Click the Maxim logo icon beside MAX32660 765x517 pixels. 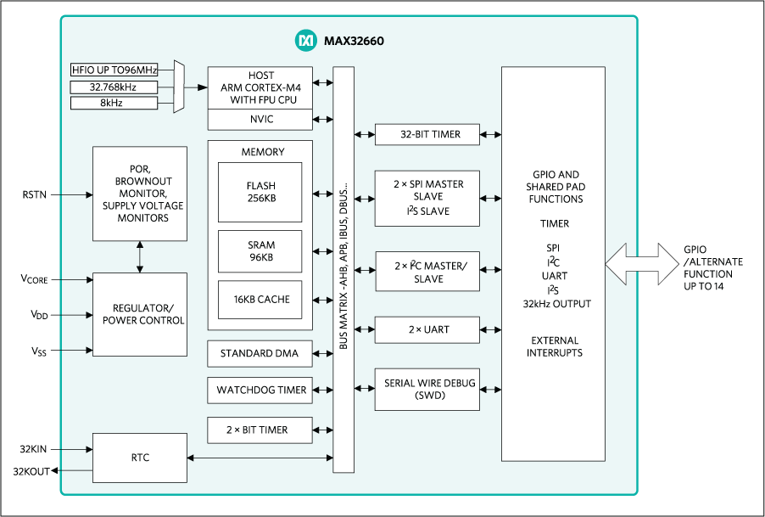(x=304, y=40)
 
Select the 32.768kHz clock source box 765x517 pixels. (x=114, y=87)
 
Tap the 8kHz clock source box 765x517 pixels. (x=114, y=103)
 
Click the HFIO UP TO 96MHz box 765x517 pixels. (x=114, y=70)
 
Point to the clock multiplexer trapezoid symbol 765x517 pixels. (x=178, y=87)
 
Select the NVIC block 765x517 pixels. (x=260, y=119)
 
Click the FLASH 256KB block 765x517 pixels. (x=260, y=191)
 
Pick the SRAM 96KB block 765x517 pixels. (x=260, y=250)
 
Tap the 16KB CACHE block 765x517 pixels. (x=260, y=300)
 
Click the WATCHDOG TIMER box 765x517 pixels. (x=260, y=390)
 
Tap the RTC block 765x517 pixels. (x=139, y=458)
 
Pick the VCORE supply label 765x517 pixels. (x=36, y=279)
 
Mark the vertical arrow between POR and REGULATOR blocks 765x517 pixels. (x=139, y=256)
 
